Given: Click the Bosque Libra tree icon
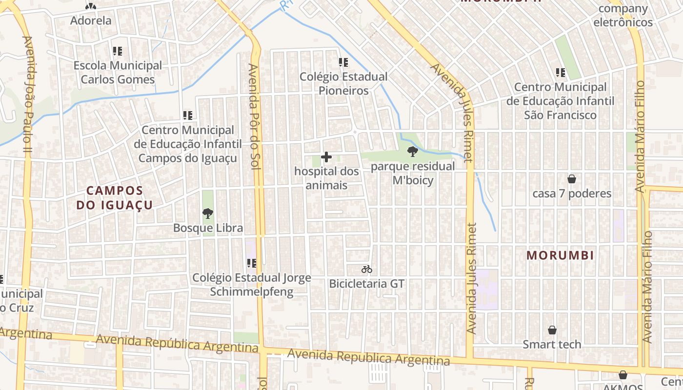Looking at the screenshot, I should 208,213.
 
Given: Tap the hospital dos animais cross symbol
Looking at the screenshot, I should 326,157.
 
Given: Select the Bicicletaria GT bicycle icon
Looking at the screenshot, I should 367,269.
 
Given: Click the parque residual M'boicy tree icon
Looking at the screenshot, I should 413,152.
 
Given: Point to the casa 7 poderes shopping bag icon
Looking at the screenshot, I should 572,179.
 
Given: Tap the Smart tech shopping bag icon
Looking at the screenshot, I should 552,330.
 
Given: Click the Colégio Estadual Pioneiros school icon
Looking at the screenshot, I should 343,62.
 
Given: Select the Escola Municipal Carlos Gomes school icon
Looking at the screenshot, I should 117,51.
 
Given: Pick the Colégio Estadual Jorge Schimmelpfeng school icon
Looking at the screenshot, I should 252,263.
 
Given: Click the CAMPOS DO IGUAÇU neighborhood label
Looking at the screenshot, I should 115,197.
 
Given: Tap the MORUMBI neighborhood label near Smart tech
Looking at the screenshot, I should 560,255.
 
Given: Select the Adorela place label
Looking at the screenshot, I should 91,20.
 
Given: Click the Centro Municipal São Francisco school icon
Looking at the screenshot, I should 561,73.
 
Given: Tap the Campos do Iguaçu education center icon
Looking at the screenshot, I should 188,116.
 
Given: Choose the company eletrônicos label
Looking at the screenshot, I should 623,16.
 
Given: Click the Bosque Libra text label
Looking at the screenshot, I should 208,228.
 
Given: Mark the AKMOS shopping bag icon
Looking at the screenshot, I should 623,375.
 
